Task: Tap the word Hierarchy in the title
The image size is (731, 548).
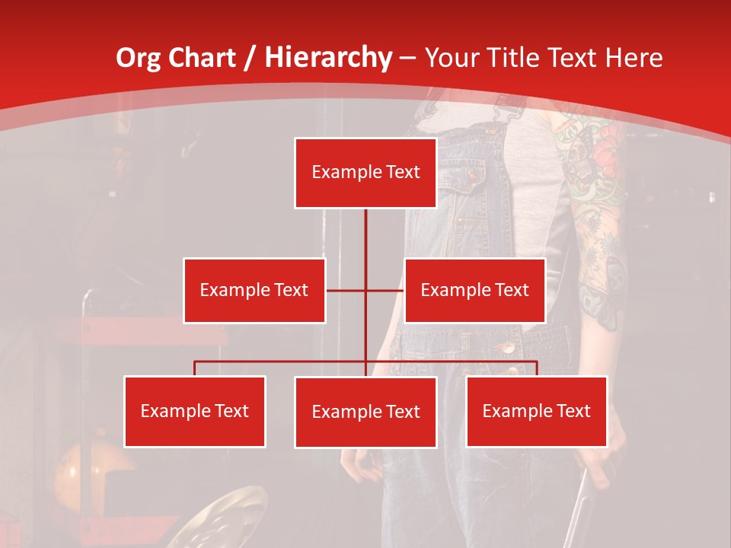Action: [328, 58]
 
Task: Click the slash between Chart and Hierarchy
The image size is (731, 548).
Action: [251, 59]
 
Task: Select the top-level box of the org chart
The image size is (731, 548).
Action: [365, 173]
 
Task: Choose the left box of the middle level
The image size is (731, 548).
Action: [254, 290]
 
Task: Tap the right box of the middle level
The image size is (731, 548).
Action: [475, 290]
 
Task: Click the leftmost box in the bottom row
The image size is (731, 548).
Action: [195, 411]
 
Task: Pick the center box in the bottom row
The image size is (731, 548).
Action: [365, 412]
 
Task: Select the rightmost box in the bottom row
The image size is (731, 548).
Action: [537, 411]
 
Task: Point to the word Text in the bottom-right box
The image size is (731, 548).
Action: [573, 411]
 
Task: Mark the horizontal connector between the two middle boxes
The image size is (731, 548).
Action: [365, 290]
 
